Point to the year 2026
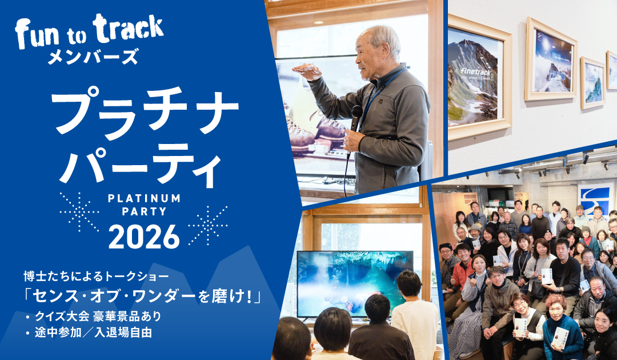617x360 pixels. click(x=144, y=235)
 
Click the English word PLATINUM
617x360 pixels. click(x=144, y=198)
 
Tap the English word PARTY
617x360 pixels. click(x=144, y=211)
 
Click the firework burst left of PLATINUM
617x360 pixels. click(x=79, y=211)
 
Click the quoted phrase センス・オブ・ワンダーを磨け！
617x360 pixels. click(x=143, y=297)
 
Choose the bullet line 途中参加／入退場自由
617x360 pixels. click(x=92, y=333)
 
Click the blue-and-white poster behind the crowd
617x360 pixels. click(x=595, y=199)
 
